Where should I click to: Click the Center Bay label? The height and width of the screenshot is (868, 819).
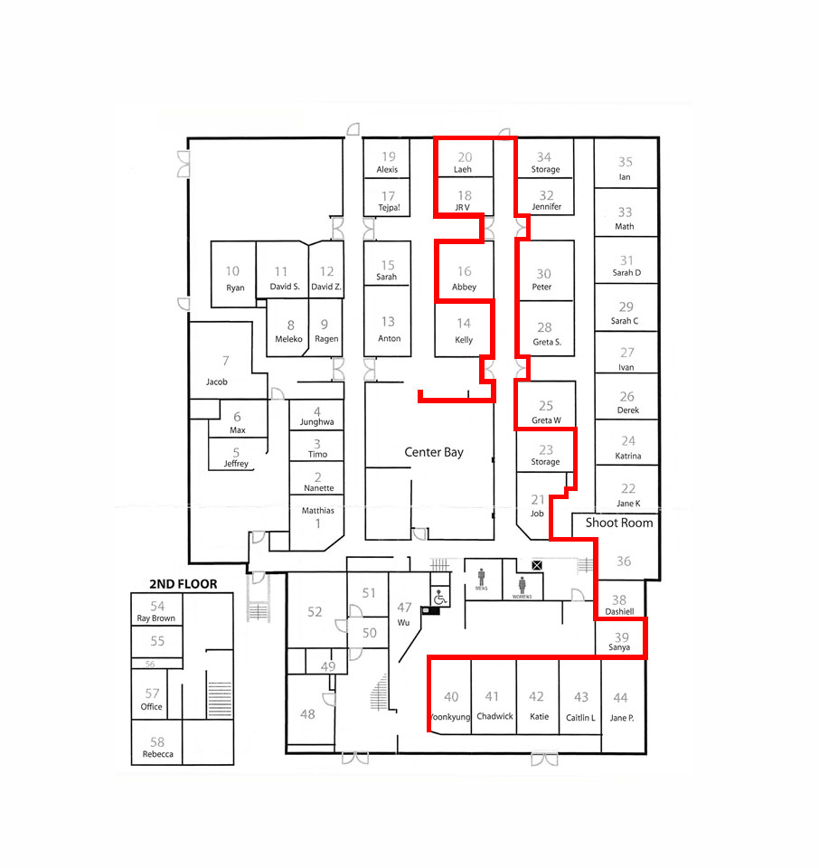[434, 452]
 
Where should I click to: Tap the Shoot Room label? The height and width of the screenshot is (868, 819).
[619, 523]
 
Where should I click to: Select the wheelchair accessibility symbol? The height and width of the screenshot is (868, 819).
[440, 598]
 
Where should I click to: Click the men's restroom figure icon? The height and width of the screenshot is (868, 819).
[482, 577]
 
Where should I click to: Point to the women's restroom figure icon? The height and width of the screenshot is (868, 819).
[522, 585]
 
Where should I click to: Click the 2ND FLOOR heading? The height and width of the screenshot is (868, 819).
[184, 584]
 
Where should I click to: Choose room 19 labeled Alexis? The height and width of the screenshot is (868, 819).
[387, 162]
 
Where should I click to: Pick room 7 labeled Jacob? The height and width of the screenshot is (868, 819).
[217, 371]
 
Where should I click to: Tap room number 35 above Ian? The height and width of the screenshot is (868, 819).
[626, 162]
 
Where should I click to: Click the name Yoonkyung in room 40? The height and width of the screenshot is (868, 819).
[450, 717]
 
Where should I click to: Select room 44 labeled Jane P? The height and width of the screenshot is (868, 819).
[621, 707]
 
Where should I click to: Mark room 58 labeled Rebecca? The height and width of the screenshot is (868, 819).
[157, 748]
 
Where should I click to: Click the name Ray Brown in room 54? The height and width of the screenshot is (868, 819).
[156, 618]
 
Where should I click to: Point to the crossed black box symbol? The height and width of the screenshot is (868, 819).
[537, 565]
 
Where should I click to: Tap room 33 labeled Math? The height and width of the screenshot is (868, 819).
[625, 218]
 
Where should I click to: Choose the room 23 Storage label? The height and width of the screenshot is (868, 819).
[546, 455]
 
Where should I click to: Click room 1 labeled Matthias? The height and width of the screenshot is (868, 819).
[317, 516]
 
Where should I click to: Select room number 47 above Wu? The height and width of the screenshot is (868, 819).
[404, 608]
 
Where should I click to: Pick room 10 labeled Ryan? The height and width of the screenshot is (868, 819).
[235, 278]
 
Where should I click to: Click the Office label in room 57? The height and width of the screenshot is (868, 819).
[152, 707]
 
